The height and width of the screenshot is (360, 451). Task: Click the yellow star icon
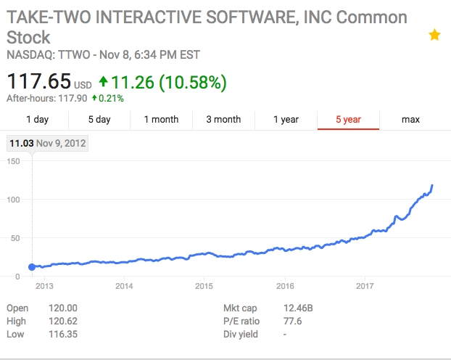pyautogui.click(x=434, y=35)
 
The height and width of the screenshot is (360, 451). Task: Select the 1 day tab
pyautogui.click(x=37, y=120)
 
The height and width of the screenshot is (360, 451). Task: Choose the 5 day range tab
pyautogui.click(x=99, y=120)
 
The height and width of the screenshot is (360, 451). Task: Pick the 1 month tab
pyautogui.click(x=161, y=120)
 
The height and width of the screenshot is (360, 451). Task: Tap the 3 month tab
pyautogui.click(x=223, y=120)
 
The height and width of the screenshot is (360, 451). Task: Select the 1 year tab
pyautogui.click(x=286, y=120)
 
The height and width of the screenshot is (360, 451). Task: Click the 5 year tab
pyautogui.click(x=348, y=120)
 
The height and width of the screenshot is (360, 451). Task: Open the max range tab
pyautogui.click(x=410, y=120)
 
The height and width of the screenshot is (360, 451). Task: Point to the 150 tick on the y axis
pyautogui.click(x=13, y=161)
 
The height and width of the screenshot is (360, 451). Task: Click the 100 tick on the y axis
pyautogui.click(x=13, y=200)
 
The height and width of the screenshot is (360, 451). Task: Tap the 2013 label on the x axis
pyautogui.click(x=44, y=286)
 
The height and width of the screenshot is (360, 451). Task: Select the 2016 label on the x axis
pyautogui.click(x=285, y=286)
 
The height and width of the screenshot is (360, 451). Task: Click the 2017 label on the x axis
pyautogui.click(x=365, y=286)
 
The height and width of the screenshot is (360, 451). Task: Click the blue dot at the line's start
pyautogui.click(x=32, y=267)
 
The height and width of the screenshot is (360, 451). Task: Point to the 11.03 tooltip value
pyautogui.click(x=21, y=143)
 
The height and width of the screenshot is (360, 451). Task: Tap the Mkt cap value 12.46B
pyautogui.click(x=299, y=308)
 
